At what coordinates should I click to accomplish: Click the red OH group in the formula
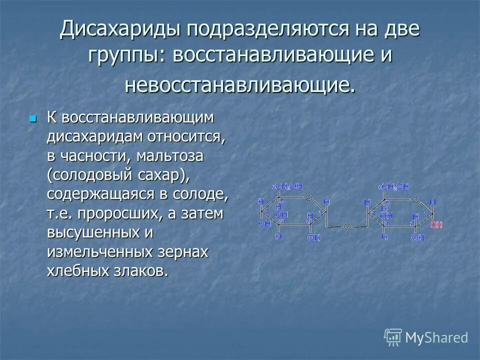[436, 225]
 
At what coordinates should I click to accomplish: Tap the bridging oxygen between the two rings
[346, 226]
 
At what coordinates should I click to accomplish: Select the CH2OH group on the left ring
[288, 186]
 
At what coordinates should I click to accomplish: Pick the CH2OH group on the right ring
[394, 186]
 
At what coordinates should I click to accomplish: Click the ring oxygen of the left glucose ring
[309, 198]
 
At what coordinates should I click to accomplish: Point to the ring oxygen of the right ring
[414, 199]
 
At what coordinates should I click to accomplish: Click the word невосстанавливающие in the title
[240, 84]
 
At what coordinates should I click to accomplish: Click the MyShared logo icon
[392, 337]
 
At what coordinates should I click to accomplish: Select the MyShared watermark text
[436, 338]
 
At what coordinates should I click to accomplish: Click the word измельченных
[100, 252]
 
